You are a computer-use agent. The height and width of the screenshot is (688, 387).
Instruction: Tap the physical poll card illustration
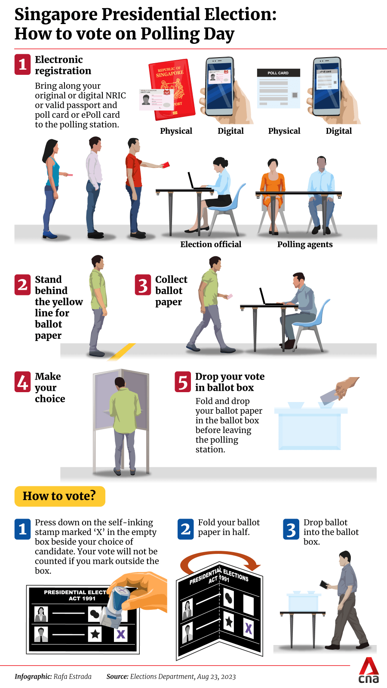click(x=278, y=88)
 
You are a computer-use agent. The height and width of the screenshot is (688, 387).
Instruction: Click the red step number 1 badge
click(x=22, y=64)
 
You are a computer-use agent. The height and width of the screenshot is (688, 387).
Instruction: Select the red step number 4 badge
click(x=22, y=382)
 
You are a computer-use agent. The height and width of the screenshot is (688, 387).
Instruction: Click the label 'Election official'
click(x=211, y=244)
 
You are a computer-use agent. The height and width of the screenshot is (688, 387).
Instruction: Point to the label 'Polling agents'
click(x=305, y=244)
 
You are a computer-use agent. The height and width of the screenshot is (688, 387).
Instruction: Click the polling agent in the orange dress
click(x=273, y=193)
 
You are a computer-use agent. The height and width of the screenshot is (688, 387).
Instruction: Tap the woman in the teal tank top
click(x=52, y=188)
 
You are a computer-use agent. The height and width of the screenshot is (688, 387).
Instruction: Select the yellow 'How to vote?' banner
click(x=60, y=496)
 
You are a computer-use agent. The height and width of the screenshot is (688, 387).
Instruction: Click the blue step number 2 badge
click(x=185, y=529)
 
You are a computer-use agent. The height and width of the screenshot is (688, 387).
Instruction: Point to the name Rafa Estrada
click(x=73, y=677)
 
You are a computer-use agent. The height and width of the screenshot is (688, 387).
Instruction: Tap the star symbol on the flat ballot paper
click(x=95, y=634)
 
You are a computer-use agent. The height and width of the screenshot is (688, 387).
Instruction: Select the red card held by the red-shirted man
click(x=166, y=165)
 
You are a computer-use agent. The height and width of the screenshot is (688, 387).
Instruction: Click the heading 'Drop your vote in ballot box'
click(x=230, y=382)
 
